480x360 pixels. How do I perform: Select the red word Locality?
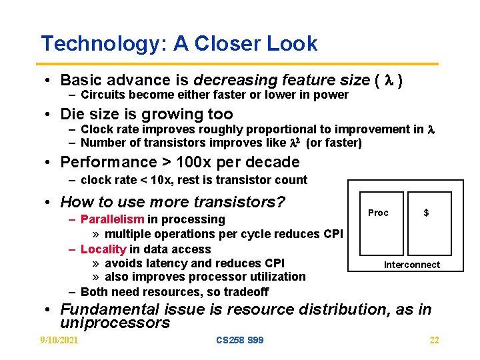point(103,249)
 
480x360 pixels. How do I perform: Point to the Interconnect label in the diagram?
point(411,265)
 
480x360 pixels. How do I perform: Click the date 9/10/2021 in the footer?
point(59,341)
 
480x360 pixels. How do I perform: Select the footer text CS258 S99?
point(240,341)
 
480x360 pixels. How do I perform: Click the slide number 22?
point(434,341)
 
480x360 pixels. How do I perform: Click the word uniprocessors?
point(115,323)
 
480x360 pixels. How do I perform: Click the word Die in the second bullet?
point(71,115)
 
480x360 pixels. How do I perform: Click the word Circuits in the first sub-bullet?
point(102,95)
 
